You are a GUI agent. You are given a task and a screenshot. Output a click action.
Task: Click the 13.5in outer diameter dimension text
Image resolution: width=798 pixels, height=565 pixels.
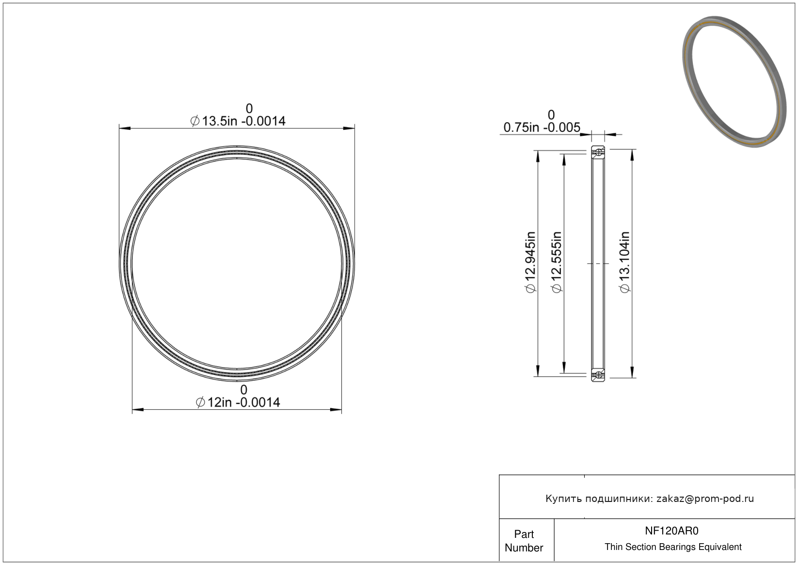click(238, 121)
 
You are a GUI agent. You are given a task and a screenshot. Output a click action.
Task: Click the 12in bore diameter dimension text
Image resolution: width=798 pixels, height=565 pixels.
click(238, 403)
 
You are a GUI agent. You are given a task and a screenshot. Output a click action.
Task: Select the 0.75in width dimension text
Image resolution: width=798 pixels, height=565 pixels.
click(542, 127)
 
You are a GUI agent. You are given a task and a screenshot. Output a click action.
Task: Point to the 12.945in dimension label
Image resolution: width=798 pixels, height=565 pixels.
click(530, 262)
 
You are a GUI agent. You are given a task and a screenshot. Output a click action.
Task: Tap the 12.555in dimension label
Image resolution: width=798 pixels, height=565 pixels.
click(557, 262)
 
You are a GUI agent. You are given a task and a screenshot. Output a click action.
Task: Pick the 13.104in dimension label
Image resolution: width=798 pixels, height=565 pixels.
click(625, 262)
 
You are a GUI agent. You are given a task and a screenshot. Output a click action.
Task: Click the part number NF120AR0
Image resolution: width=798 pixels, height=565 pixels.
click(671, 531)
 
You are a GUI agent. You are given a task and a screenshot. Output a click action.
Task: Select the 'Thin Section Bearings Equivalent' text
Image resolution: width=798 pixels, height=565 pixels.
click(673, 547)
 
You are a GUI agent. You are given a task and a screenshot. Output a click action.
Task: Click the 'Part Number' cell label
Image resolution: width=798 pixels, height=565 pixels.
click(524, 541)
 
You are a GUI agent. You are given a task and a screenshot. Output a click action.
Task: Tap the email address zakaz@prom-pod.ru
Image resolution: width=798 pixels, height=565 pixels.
click(705, 499)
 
